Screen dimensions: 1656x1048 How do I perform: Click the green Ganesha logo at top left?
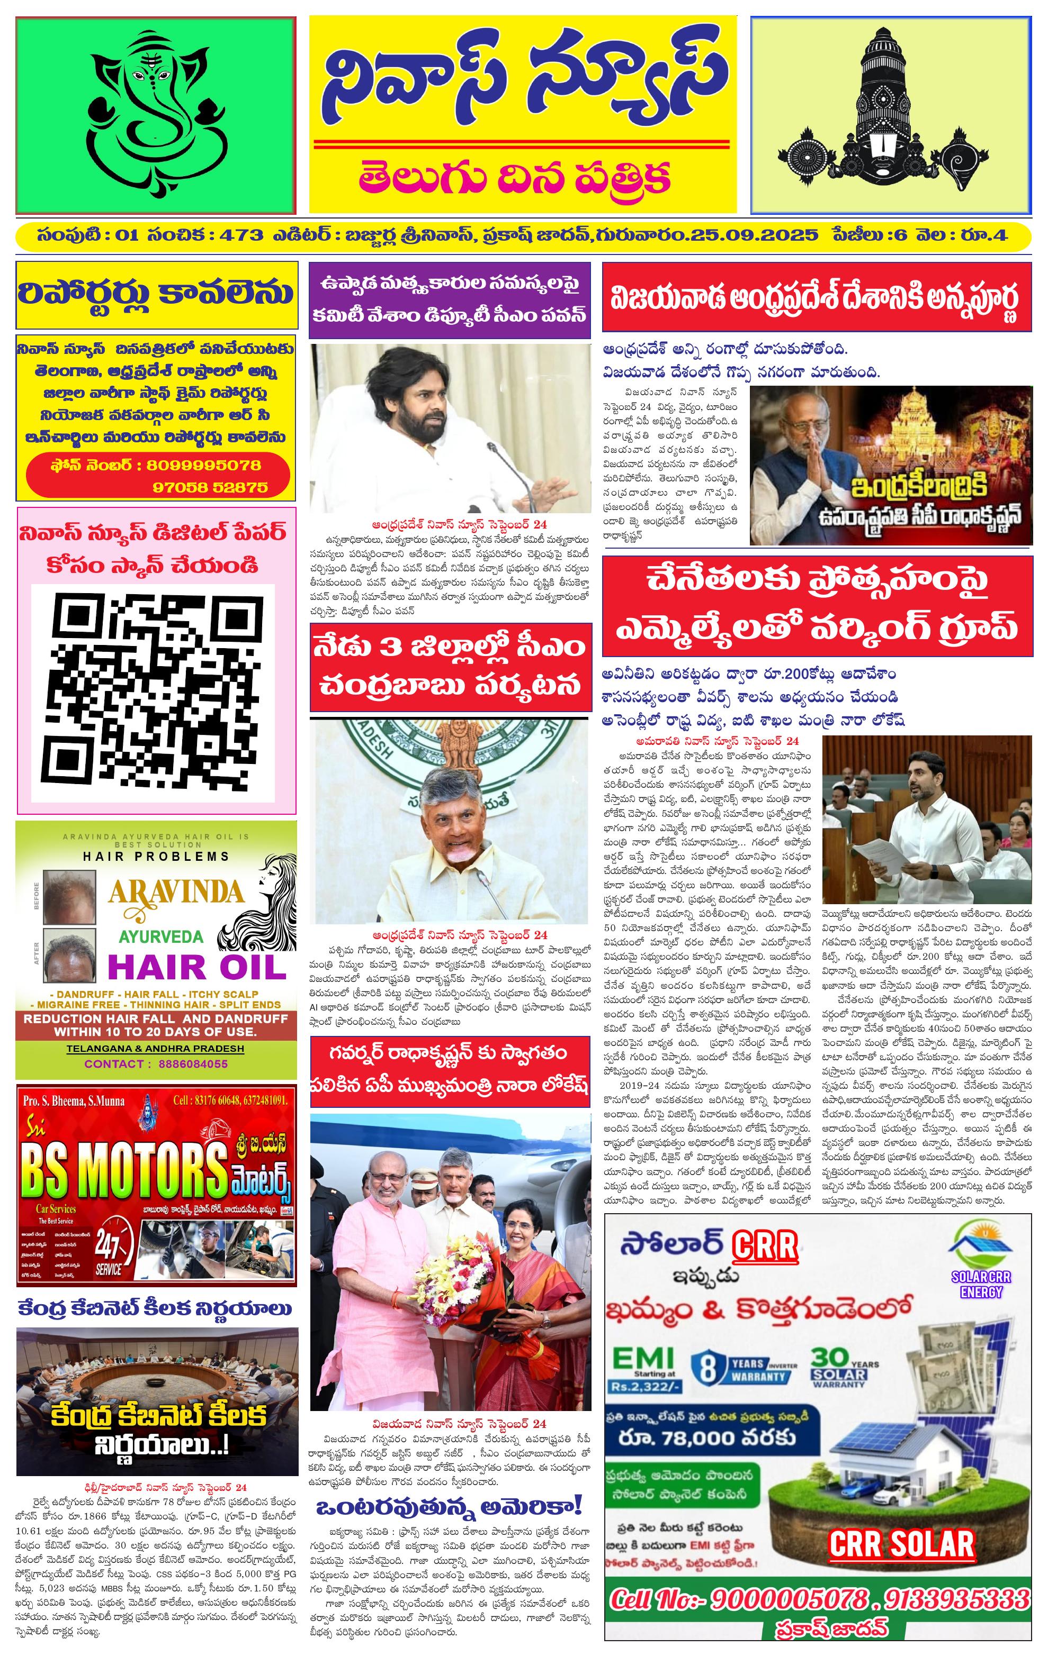[156, 115]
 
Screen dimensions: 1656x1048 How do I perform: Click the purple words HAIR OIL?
[196, 968]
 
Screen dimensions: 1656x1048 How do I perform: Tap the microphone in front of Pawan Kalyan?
[506, 468]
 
